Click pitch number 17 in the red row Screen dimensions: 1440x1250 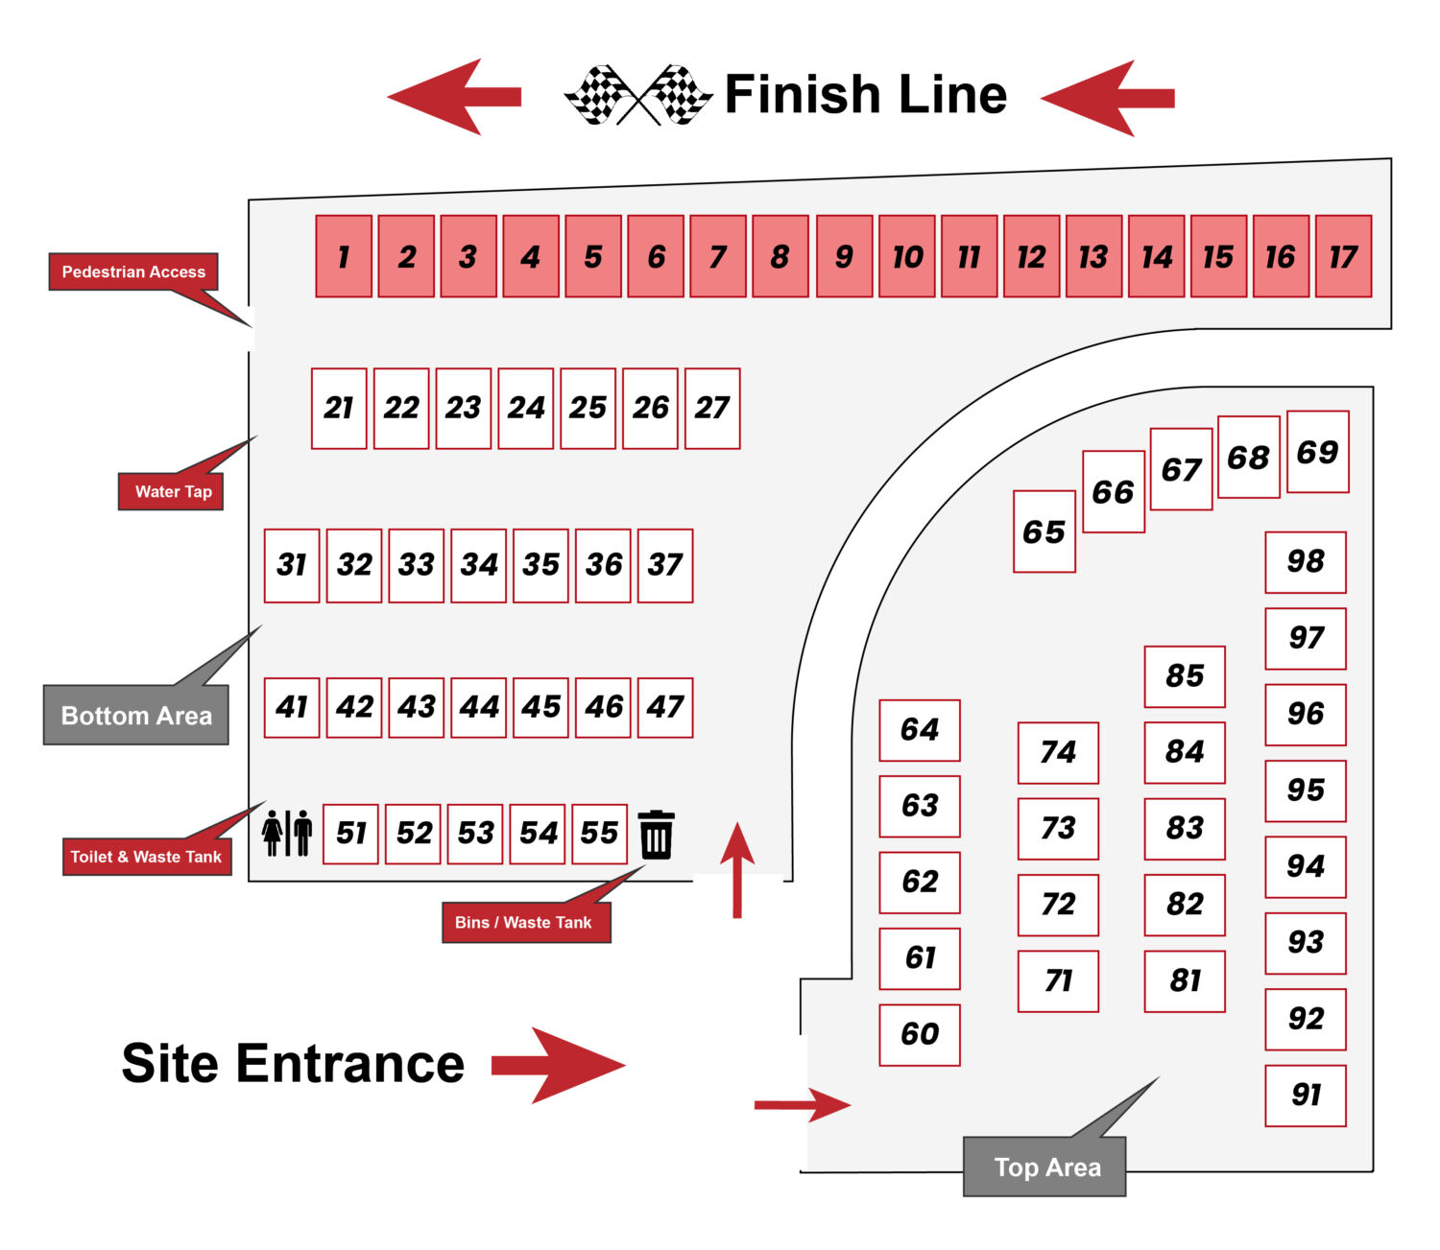(x=1343, y=256)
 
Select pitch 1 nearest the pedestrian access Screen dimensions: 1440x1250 (x=344, y=256)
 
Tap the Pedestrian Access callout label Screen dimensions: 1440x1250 (x=133, y=271)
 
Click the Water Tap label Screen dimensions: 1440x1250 (x=171, y=491)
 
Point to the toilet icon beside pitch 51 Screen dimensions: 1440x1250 (x=286, y=833)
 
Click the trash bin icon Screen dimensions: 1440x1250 (x=656, y=835)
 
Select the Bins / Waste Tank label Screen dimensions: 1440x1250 (x=526, y=922)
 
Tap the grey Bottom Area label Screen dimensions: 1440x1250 (x=135, y=715)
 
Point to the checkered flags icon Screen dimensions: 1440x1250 (x=638, y=95)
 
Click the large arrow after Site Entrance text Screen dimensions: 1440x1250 (x=558, y=1066)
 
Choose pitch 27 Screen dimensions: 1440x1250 (x=712, y=409)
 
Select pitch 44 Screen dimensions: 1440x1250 (x=479, y=708)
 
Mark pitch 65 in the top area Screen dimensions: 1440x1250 (x=1044, y=531)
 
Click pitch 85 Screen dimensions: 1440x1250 (x=1185, y=676)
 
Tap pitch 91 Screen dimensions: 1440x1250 (x=1306, y=1096)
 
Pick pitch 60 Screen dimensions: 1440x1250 (x=920, y=1035)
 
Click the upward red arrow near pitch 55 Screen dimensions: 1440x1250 (x=737, y=870)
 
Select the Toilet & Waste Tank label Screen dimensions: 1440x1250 (x=146, y=857)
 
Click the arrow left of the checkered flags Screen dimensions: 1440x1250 (x=454, y=96)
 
